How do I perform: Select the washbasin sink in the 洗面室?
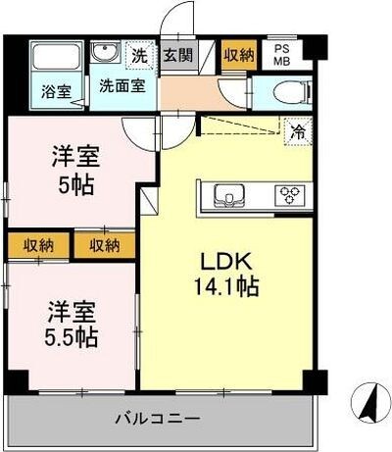(105, 52)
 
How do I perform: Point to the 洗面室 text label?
(122, 84)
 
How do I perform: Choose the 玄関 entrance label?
(177, 56)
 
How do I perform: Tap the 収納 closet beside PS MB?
(239, 55)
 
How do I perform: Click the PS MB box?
(282, 55)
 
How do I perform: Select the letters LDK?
(228, 264)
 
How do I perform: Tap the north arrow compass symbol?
(367, 403)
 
